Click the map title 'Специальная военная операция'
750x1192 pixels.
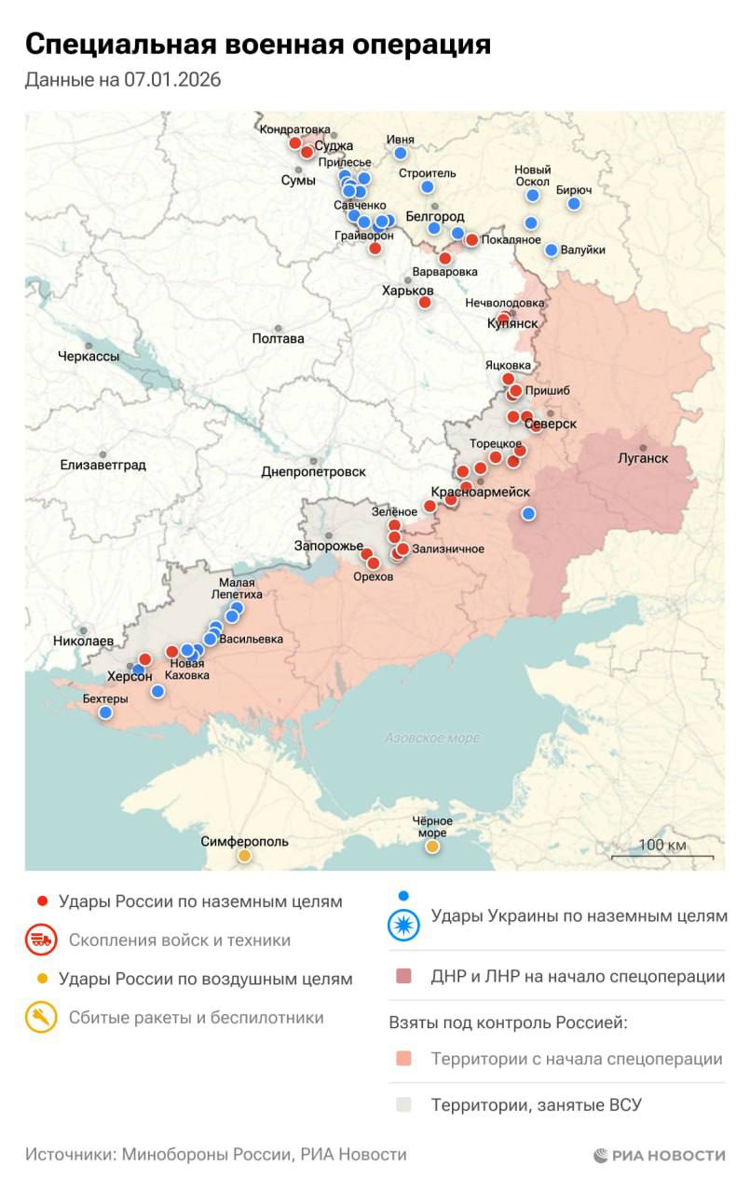coord(257,45)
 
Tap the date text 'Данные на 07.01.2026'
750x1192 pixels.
coord(123,81)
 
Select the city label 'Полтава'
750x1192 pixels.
coord(278,339)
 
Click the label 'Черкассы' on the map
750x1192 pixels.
coord(89,357)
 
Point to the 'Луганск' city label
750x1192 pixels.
coord(643,458)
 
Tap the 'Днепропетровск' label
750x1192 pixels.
coord(313,472)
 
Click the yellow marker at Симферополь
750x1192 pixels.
coord(244,856)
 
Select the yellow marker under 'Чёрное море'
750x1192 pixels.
coord(432,847)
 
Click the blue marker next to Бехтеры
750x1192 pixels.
coord(105,712)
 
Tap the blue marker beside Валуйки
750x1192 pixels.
coord(552,250)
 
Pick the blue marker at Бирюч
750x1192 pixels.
coord(574,203)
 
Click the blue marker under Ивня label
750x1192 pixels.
coord(401,153)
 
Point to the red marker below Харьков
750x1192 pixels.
coord(425,302)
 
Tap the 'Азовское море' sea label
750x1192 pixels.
coord(432,738)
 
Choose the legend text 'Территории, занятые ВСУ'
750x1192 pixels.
coord(536,1106)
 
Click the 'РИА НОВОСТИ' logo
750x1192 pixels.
coord(659,1156)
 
